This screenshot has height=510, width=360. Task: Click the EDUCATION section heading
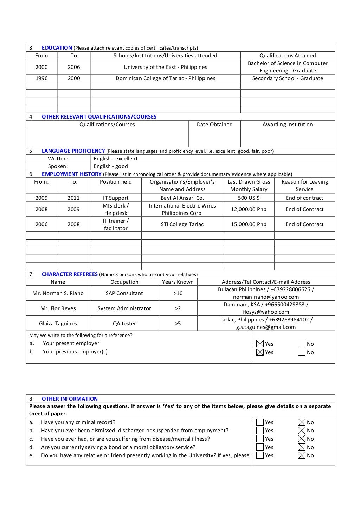(57, 48)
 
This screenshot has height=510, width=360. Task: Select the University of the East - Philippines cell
(165, 67)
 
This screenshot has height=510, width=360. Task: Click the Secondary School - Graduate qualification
(287, 78)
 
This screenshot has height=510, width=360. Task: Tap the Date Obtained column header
(214, 125)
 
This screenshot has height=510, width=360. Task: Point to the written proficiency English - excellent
(115, 159)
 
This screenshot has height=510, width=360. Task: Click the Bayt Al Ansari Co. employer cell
(182, 198)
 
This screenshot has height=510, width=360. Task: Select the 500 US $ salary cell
(249, 198)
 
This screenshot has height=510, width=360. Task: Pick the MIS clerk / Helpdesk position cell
(116, 209)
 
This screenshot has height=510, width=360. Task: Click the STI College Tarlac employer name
(182, 224)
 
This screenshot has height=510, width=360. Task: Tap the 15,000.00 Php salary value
(249, 224)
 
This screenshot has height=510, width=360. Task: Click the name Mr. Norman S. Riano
(58, 293)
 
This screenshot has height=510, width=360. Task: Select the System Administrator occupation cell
(124, 308)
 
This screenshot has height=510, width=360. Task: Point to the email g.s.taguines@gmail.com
(266, 327)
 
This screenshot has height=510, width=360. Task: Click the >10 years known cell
(178, 293)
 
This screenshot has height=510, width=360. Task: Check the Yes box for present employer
(260, 344)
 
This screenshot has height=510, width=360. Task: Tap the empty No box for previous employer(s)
(302, 352)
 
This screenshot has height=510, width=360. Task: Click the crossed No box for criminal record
(302, 422)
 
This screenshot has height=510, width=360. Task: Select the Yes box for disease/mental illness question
(260, 439)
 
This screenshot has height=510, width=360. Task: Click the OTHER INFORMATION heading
(70, 399)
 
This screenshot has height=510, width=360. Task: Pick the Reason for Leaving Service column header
(304, 185)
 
